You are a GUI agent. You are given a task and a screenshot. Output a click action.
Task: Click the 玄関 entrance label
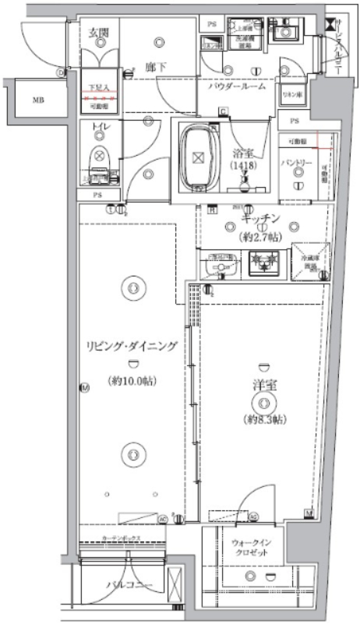pyautogui.click(x=99, y=32)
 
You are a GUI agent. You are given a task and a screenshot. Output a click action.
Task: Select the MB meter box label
pyautogui.click(x=38, y=100)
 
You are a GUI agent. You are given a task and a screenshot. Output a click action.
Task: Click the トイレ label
pyautogui.click(x=99, y=125)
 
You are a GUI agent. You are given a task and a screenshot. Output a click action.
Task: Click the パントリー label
pyautogui.click(x=297, y=163)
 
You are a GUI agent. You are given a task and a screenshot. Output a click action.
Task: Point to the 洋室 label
pyautogui.click(x=266, y=384)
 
